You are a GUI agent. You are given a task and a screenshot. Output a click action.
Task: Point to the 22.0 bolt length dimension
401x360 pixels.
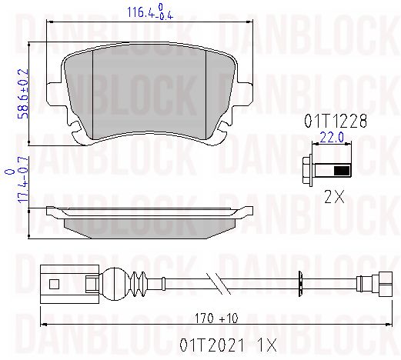point(332,138)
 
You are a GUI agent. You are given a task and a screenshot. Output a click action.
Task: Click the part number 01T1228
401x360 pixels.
point(336,121)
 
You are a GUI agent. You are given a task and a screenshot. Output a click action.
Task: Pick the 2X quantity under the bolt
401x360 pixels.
point(334,197)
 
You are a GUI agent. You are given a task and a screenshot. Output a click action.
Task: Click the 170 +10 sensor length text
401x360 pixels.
point(216,318)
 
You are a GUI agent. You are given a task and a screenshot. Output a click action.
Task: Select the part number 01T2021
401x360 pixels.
point(212,345)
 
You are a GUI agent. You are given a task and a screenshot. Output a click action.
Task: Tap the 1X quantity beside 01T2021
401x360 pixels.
point(267,345)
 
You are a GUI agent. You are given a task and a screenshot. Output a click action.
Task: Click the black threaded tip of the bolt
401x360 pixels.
point(342,171)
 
